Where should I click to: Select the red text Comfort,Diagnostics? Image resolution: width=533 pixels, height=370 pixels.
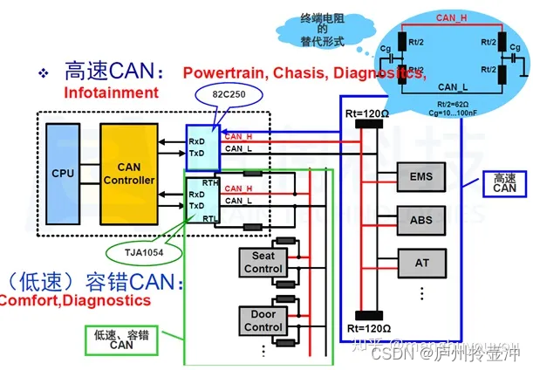pos(75,300)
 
